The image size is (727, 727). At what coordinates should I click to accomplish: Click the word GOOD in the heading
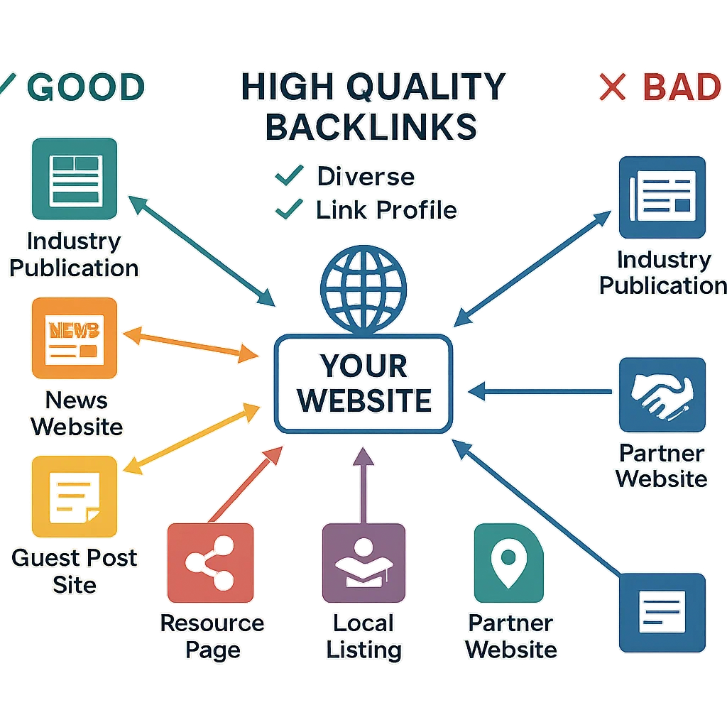[x=89, y=87]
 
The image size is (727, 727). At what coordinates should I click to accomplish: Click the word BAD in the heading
[x=681, y=87]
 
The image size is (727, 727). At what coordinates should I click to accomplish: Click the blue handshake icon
[x=662, y=394]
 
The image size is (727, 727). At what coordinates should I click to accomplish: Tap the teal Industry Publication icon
[x=75, y=180]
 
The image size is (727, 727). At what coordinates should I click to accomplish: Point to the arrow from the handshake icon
[x=540, y=390]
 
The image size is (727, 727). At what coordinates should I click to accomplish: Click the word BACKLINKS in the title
[x=372, y=126]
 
